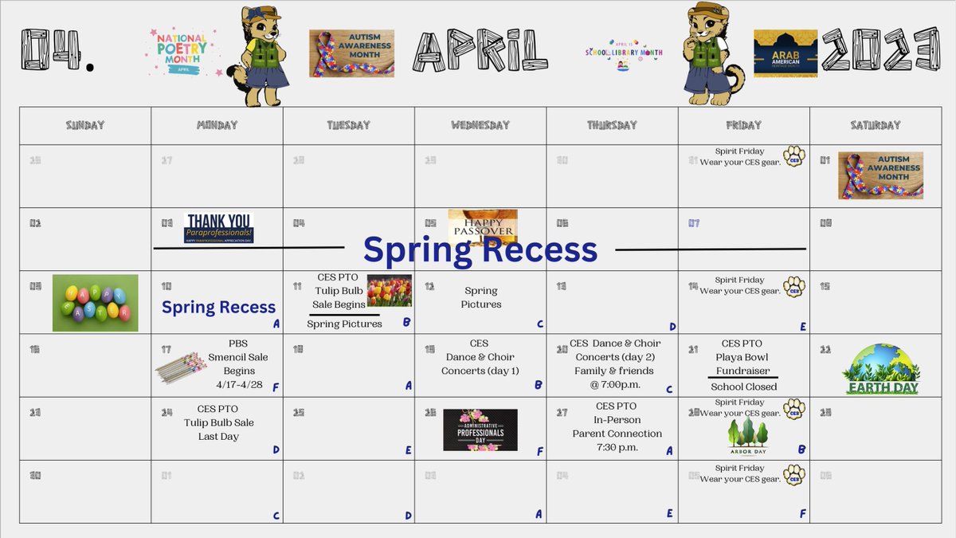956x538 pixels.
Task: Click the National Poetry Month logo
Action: point(181,50)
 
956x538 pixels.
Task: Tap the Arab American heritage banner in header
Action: point(785,53)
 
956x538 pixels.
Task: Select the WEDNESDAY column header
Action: point(480,125)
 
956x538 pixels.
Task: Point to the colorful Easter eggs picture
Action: point(95,302)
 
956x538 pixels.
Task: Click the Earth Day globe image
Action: point(881,368)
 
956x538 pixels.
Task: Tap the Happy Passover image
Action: point(482,226)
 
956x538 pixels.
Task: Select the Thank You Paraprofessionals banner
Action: point(218,228)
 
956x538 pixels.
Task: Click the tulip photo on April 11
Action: point(389,291)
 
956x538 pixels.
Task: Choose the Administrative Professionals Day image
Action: point(480,430)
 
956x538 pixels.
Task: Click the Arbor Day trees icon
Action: point(747,437)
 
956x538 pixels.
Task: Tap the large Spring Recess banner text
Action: point(480,249)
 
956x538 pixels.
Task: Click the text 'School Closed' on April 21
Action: point(743,387)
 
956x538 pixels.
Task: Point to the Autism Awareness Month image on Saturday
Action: point(880,175)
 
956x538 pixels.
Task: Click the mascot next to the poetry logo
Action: point(257,57)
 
